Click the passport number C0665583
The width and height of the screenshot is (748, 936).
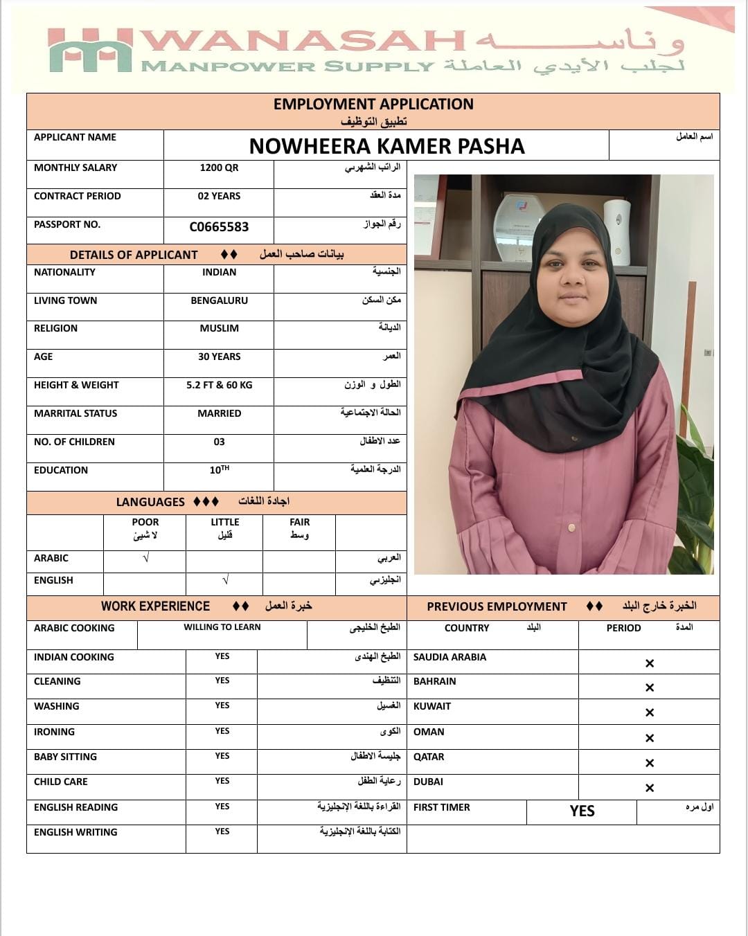(219, 227)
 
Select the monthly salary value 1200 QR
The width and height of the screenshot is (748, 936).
(219, 168)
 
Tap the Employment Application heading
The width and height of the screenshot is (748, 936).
(373, 105)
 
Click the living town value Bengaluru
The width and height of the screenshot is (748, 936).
(219, 300)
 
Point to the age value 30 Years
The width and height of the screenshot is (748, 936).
(219, 357)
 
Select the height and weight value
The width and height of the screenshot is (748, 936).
(219, 385)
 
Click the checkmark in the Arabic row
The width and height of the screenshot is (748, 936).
(145, 558)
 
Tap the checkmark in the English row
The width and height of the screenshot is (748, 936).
(225, 580)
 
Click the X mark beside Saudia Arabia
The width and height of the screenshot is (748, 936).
(649, 663)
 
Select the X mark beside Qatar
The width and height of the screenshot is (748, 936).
(649, 763)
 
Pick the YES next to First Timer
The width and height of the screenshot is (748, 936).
(582, 811)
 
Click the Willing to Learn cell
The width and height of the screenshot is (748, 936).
(222, 627)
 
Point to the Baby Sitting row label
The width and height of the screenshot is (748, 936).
(65, 757)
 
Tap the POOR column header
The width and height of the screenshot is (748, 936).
(145, 522)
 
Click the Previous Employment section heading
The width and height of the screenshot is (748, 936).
(497, 606)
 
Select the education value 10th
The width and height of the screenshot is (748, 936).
(219, 470)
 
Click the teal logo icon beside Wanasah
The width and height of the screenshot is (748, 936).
(90, 51)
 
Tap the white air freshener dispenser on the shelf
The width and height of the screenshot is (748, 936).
(616, 231)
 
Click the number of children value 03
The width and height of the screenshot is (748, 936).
(219, 442)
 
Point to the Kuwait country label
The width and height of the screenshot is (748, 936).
(432, 706)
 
